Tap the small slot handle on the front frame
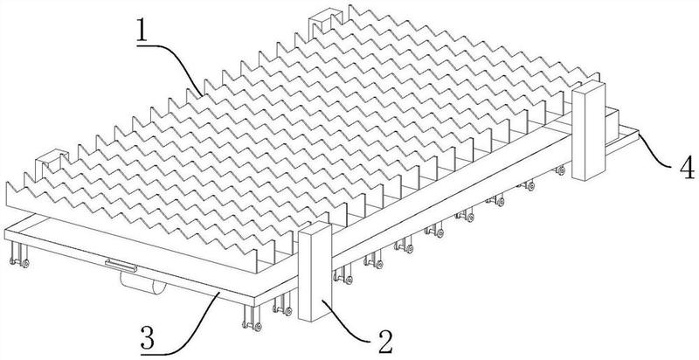[x=117, y=263]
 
